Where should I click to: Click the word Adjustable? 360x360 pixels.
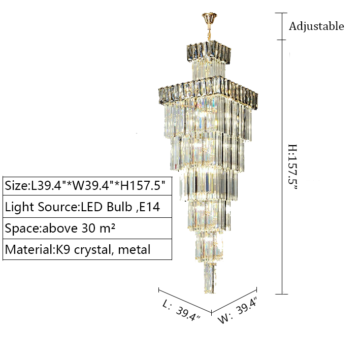[316, 26]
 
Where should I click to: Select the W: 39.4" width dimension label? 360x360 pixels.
[239, 311]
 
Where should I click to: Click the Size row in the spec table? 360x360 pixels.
[85, 185]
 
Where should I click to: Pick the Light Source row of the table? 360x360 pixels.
[85, 207]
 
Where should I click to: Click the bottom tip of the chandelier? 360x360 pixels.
[207, 291]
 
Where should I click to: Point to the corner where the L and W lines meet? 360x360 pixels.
[211, 313]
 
